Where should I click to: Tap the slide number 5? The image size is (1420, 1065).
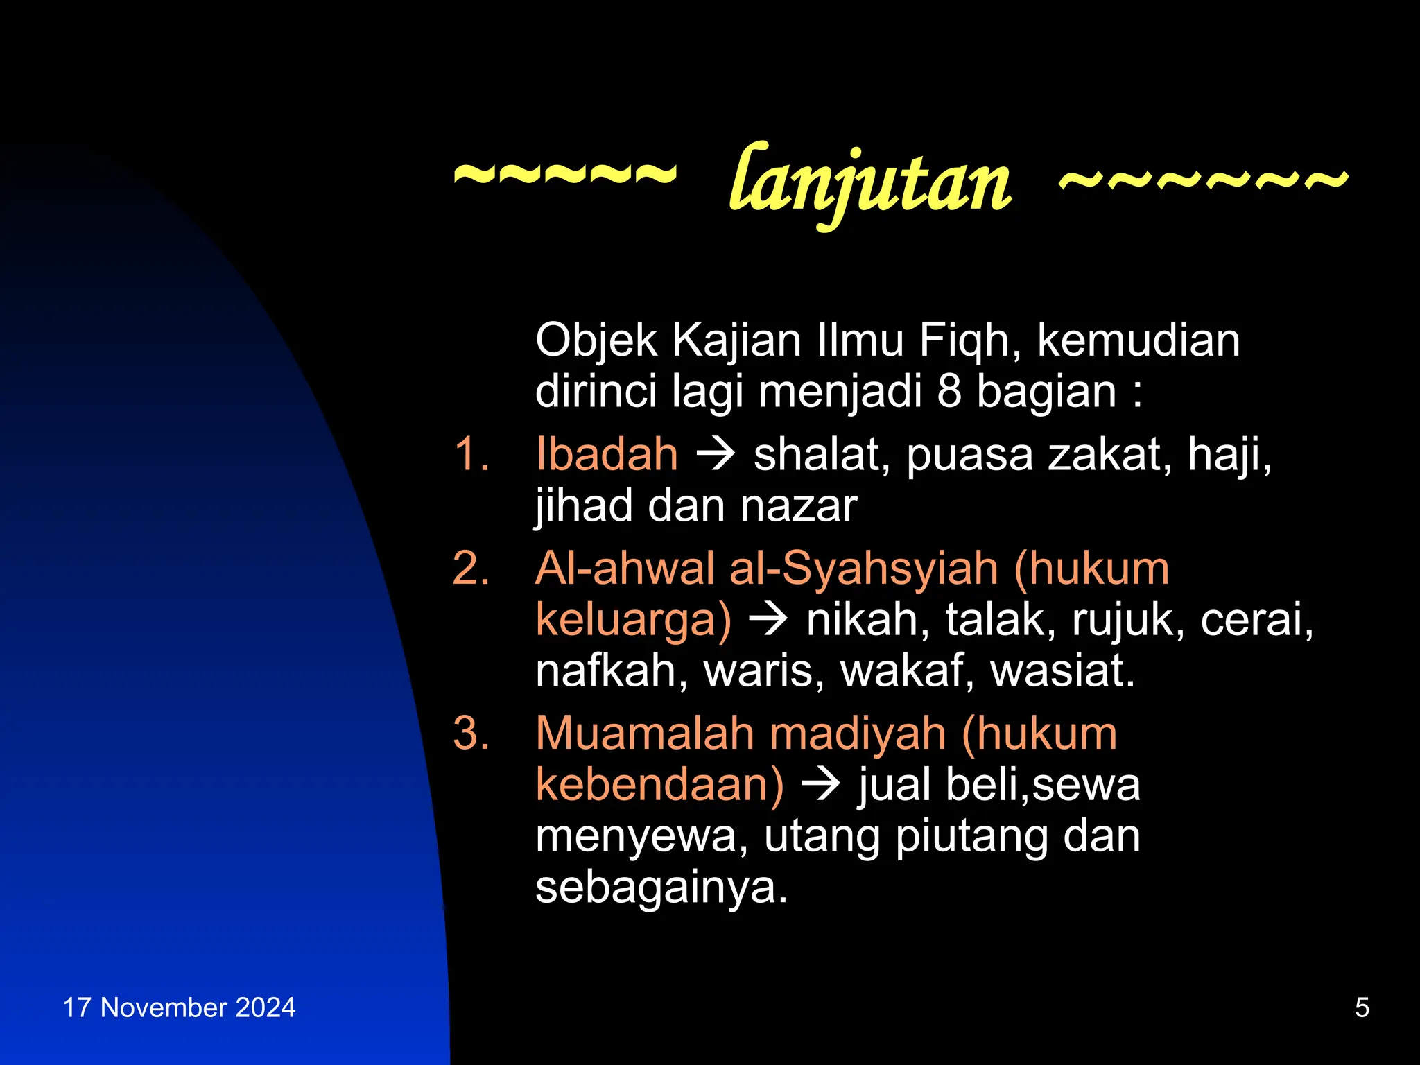(1362, 1007)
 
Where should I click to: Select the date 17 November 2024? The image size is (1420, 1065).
(179, 1007)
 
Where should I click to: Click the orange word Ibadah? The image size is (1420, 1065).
(607, 455)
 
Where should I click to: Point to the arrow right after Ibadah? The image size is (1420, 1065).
(716, 456)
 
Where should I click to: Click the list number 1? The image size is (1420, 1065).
(471, 455)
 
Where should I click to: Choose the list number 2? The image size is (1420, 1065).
(471, 569)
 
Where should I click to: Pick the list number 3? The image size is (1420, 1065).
(471, 734)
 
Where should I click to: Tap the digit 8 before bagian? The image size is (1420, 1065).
(949, 392)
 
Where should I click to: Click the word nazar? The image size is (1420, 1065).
(799, 506)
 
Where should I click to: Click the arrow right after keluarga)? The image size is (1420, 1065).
(768, 619)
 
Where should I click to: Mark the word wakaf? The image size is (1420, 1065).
(908, 670)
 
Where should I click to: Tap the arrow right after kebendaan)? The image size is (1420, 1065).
(821, 785)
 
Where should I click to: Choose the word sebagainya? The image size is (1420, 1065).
(661, 887)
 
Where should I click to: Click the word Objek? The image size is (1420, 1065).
(596, 341)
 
